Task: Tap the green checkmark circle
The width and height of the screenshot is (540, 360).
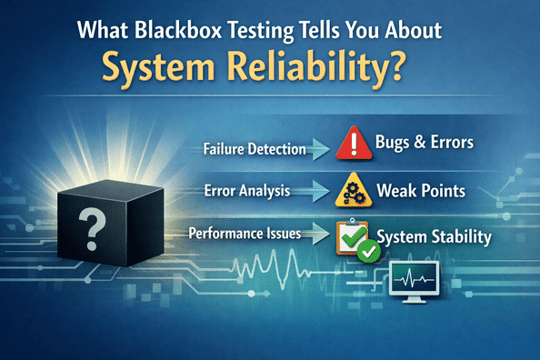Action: [368, 250]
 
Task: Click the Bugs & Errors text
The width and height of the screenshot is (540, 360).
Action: [425, 143]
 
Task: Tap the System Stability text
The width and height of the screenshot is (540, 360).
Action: [434, 237]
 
